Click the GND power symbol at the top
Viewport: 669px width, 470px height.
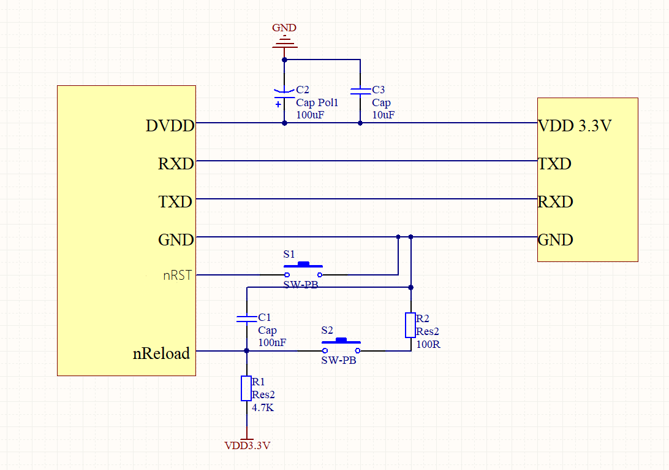pyautogui.click(x=284, y=42)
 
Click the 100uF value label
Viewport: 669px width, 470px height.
pyautogui.click(x=309, y=115)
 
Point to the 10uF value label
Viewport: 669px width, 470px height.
pyautogui.click(x=383, y=115)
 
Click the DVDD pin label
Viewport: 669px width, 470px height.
pyautogui.click(x=170, y=126)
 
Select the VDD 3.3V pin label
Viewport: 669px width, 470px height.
pyautogui.click(x=575, y=126)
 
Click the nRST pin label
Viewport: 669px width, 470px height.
pyautogui.click(x=177, y=275)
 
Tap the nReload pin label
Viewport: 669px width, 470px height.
pyautogui.click(x=162, y=353)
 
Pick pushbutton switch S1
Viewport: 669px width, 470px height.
pyautogui.click(x=303, y=270)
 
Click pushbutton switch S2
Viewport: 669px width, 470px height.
pyautogui.click(x=341, y=346)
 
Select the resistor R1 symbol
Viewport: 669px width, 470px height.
pyautogui.click(x=246, y=389)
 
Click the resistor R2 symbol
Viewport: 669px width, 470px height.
pyautogui.click(x=411, y=325)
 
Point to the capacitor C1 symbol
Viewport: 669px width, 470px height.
pyautogui.click(x=246, y=318)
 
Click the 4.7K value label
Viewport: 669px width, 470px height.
pyautogui.click(x=263, y=407)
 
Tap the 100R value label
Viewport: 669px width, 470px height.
pyautogui.click(x=428, y=344)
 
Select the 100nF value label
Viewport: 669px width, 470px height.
pyautogui.click(x=272, y=342)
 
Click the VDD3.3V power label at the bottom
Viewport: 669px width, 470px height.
pyautogui.click(x=247, y=445)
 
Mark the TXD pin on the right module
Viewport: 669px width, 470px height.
pyautogui.click(x=554, y=164)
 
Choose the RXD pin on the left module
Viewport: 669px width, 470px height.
pyautogui.click(x=176, y=164)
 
